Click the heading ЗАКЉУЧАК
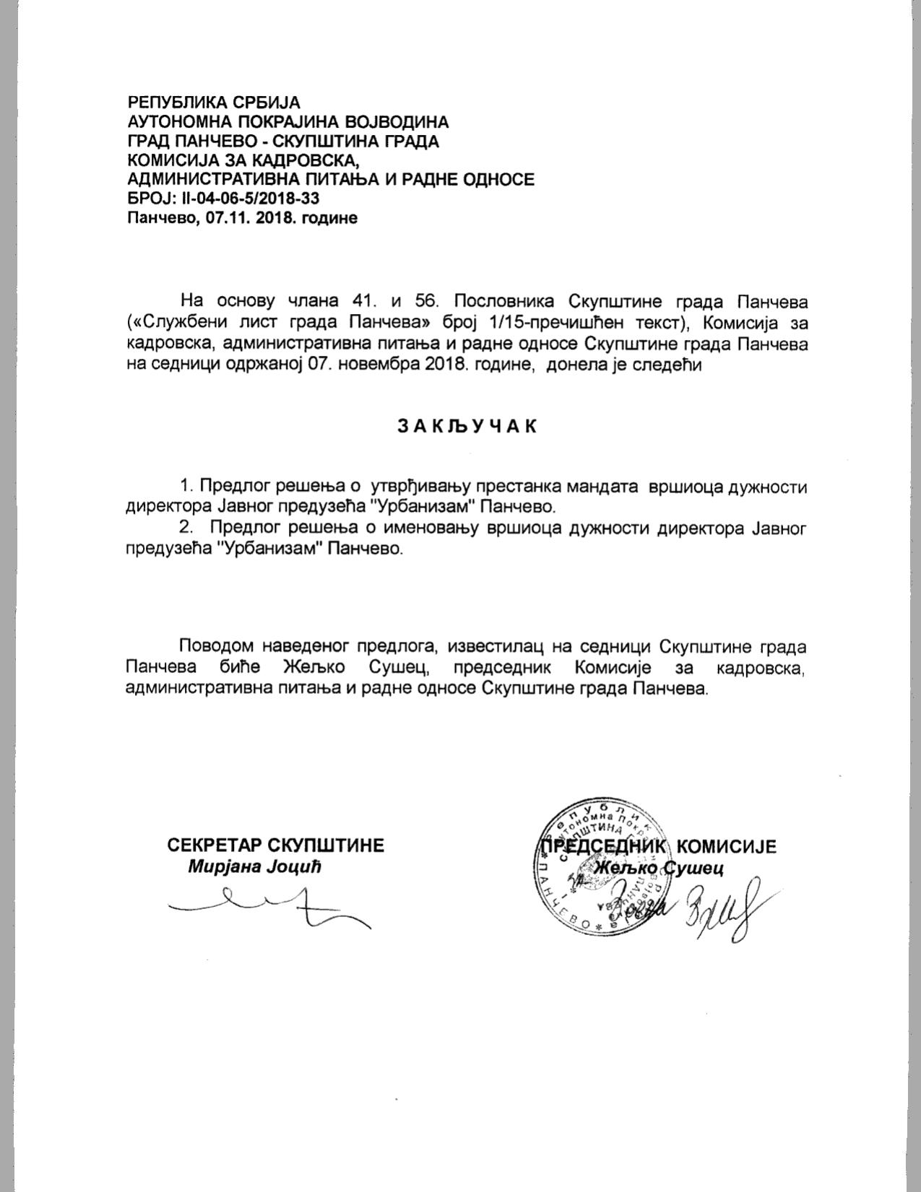coord(467,426)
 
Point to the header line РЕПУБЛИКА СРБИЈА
coord(213,103)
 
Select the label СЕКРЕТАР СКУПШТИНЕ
coord(275,845)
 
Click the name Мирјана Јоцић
coord(254,866)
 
